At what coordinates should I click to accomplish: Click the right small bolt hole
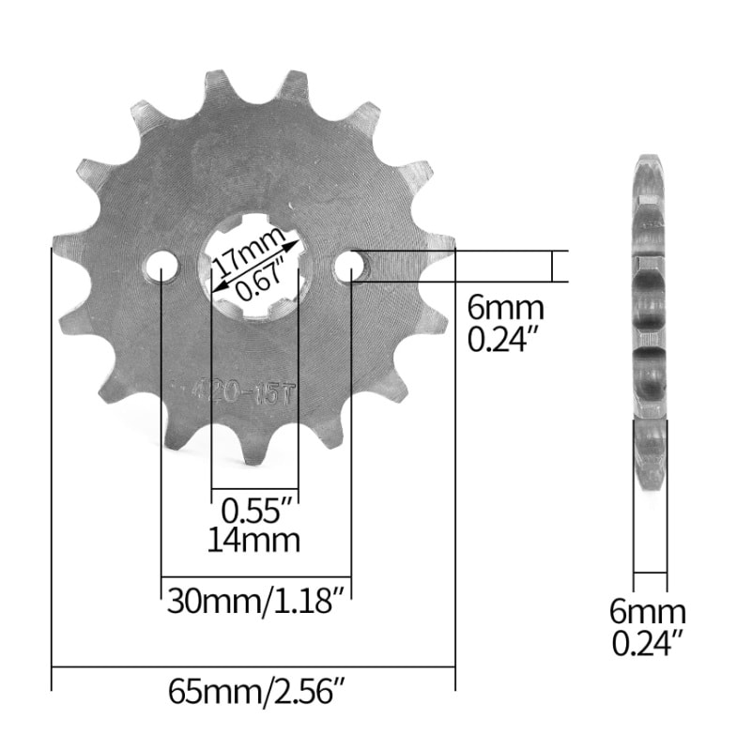[350, 268]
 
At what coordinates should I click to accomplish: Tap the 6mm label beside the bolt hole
[505, 307]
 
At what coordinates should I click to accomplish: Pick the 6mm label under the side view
[648, 613]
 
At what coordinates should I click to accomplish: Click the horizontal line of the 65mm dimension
[253, 666]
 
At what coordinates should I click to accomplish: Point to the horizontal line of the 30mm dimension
[256, 576]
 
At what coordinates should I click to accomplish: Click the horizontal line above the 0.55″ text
[254, 489]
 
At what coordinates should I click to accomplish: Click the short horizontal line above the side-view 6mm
[650, 572]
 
